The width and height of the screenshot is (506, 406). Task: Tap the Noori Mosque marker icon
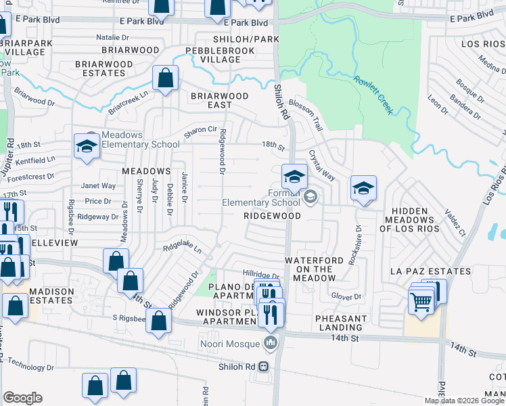(x=271, y=344)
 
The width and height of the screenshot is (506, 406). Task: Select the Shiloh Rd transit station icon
(x=263, y=366)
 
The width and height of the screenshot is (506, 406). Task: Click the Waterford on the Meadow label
(x=319, y=265)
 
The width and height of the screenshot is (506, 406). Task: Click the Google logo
(x=22, y=398)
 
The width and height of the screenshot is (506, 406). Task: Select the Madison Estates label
(x=51, y=296)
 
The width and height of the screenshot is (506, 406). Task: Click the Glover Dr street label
(x=347, y=296)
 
